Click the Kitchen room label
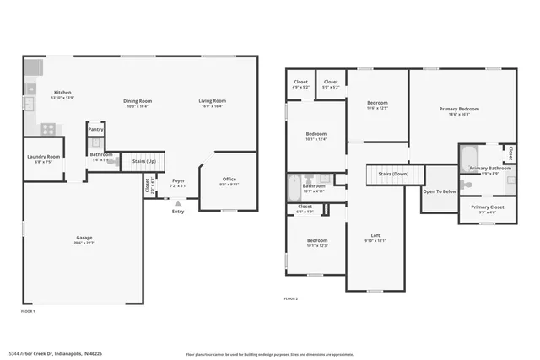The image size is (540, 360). tap(63, 93)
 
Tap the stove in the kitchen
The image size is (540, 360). tap(48, 129)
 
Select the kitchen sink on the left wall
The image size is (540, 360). tap(28, 103)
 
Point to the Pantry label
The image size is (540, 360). tap(96, 129)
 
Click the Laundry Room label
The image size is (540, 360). tap(42, 157)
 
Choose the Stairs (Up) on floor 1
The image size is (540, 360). tap(143, 160)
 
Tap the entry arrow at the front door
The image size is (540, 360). tap(177, 202)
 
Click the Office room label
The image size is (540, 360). tap(229, 179)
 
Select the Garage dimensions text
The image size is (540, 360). tap(84, 243)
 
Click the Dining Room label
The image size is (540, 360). tap(137, 101)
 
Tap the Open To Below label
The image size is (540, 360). tap(440, 191)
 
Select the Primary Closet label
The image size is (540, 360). tap(487, 207)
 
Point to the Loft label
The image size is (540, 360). tap(375, 235)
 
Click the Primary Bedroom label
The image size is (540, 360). tap(459, 109)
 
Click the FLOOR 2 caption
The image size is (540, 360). tap(291, 298)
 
